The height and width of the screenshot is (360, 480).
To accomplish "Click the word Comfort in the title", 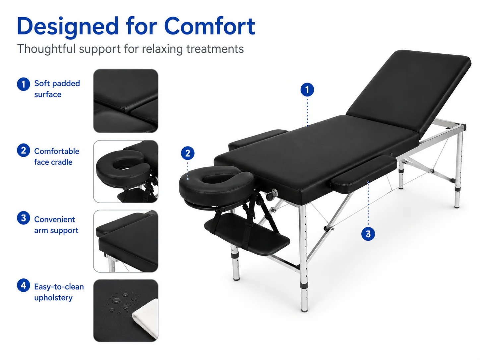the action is tap(210, 26).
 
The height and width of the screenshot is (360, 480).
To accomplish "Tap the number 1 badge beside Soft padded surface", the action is tap(24, 84).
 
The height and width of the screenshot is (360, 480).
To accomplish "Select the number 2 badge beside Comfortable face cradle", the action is tap(24, 150).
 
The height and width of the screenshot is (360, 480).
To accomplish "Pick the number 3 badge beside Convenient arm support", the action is tap(24, 218).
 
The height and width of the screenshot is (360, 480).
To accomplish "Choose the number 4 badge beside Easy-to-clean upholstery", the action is tap(24, 285).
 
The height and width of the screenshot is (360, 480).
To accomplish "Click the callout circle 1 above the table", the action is tap(307, 90).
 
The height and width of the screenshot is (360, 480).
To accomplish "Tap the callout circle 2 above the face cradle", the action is tap(188, 153).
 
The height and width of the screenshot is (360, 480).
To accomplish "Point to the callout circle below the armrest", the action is tap(368, 234).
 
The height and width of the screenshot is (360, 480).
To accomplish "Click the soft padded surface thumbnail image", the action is tap(126, 101).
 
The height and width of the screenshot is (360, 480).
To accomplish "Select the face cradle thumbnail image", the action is tap(126, 171).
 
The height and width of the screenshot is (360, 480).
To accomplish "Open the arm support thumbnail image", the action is tap(126, 241).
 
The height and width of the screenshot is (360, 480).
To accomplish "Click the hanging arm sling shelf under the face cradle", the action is tap(247, 234).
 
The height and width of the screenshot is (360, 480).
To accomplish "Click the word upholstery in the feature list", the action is tap(53, 298).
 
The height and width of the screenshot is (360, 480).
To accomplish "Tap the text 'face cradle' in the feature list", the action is tap(53, 162).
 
